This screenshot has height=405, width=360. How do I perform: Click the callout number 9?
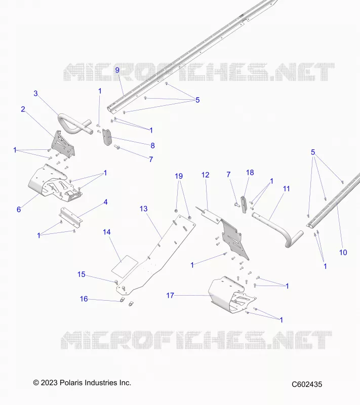click(117, 70)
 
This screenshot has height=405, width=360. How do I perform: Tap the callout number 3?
click(35, 94)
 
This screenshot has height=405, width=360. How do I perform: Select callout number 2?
click(23, 109)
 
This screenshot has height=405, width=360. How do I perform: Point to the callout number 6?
click(19, 210)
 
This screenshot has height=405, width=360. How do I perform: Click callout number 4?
click(105, 202)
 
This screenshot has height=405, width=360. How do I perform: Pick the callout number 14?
click(107, 232)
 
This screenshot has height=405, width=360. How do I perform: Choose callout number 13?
click(144, 209)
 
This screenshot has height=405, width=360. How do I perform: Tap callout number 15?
click(82, 274)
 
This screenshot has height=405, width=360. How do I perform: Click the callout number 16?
click(84, 299)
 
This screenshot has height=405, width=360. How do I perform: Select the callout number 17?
click(170, 295)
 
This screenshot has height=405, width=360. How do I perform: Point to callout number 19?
click(179, 176)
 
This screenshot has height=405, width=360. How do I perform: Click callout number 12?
click(205, 175)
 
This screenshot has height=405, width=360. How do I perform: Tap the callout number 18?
click(250, 173)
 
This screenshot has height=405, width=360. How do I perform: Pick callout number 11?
click(287, 189)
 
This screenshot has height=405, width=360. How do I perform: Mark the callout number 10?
click(343, 252)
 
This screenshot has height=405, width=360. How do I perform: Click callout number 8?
click(152, 146)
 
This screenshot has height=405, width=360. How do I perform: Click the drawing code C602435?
click(307, 384)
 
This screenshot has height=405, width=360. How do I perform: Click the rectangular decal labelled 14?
click(125, 267)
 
